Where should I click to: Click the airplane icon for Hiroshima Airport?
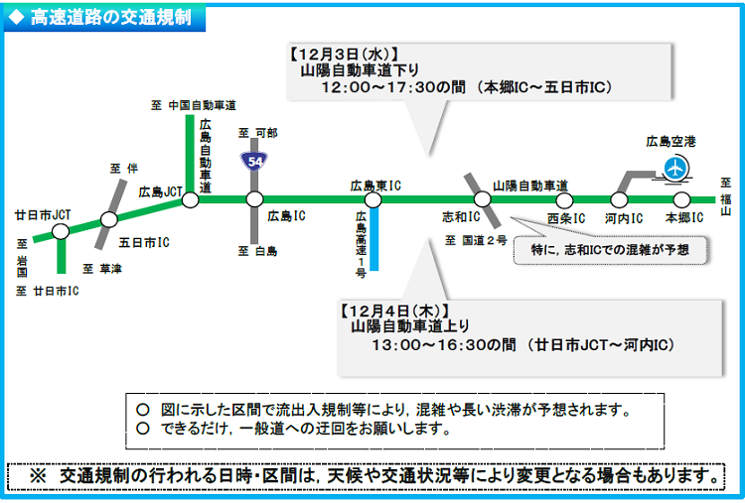[x=675, y=168]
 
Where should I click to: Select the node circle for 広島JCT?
[x=191, y=199]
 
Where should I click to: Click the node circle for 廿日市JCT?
[x=61, y=231]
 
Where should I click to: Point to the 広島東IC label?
[x=374, y=185]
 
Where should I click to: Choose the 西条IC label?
[x=565, y=216]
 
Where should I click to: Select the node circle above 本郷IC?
[x=681, y=199]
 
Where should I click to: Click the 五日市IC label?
[x=144, y=241]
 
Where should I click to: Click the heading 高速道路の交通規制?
[x=110, y=17]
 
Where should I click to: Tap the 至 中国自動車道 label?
[x=194, y=104]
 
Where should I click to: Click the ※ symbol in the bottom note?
[x=38, y=475]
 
